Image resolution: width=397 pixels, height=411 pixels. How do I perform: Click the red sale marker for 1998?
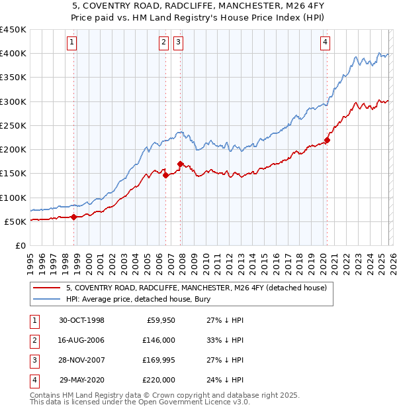coord(74,217)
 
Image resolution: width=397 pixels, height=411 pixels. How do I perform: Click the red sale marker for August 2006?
coord(165,175)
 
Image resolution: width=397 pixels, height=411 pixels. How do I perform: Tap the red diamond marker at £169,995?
coord(180,163)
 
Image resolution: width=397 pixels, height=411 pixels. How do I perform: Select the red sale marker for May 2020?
coord(327,140)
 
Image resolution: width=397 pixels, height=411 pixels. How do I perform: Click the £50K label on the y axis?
coord(15,221)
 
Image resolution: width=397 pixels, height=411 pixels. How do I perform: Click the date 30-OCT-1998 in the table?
coord(81,320)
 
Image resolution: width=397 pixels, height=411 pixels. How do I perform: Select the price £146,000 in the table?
coord(159,340)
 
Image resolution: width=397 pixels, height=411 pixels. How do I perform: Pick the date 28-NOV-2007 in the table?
coord(81,360)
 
